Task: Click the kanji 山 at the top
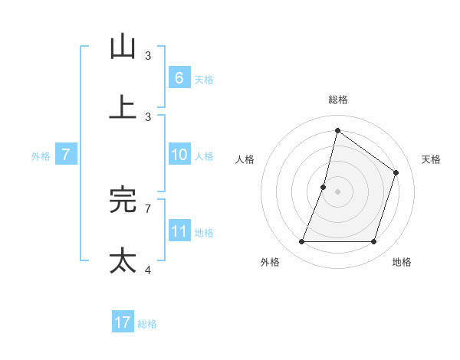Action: click(x=123, y=47)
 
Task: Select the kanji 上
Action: click(x=123, y=106)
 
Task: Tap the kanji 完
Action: click(x=123, y=200)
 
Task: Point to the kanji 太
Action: click(x=123, y=260)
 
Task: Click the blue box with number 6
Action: click(x=179, y=77)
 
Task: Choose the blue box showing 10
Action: click(x=179, y=155)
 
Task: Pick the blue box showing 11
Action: click(x=179, y=231)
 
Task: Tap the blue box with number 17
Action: click(x=123, y=322)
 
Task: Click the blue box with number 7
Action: click(x=66, y=155)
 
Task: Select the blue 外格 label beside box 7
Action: click(x=41, y=155)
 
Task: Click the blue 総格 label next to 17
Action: click(x=147, y=323)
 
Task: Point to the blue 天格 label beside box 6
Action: click(x=204, y=78)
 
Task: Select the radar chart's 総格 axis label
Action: click(x=337, y=100)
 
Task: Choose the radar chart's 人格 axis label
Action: click(x=245, y=159)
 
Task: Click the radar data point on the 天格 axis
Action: click(x=396, y=172)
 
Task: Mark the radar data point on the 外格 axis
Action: click(x=301, y=242)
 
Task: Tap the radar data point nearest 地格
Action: click(x=374, y=242)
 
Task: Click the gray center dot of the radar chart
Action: click(x=337, y=191)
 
